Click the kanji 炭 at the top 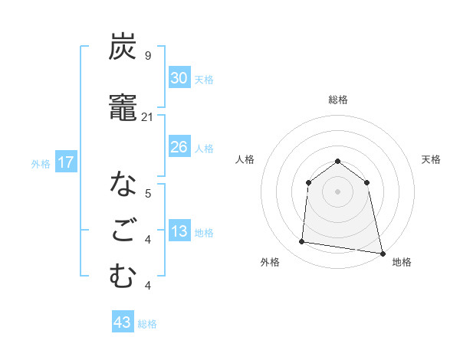[x=123, y=47]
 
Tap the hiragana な [x=123, y=184]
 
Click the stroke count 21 [x=148, y=116]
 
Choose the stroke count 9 [x=147, y=56]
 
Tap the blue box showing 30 [x=179, y=78]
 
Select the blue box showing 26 [x=179, y=146]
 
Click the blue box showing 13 [x=179, y=231]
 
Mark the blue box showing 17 [x=66, y=162]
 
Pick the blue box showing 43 [x=123, y=322]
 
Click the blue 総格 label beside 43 [x=147, y=324]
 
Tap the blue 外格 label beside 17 [x=41, y=163]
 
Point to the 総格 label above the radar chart [x=338, y=100]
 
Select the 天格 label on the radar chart [x=431, y=159]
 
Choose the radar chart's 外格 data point [x=302, y=242]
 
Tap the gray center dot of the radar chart [x=337, y=191]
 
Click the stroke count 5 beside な [x=147, y=193]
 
